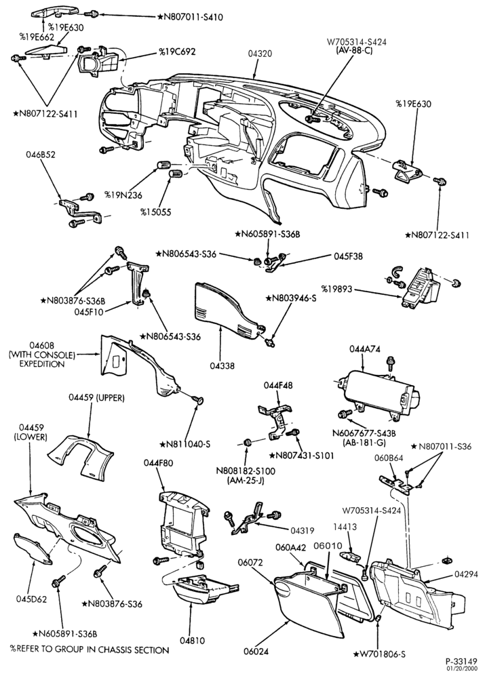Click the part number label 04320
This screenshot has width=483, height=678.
(x=260, y=54)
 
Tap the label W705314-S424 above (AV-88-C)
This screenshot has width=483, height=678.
(x=356, y=42)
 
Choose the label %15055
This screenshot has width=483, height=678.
(x=155, y=212)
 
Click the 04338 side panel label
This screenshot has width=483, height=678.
(x=223, y=366)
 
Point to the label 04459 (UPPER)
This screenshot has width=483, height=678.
(x=96, y=398)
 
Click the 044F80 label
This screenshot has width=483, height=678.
(x=159, y=463)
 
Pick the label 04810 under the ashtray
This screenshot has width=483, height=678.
(x=193, y=641)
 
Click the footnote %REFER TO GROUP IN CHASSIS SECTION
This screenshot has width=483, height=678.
(x=90, y=650)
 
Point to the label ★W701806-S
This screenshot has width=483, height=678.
(x=380, y=654)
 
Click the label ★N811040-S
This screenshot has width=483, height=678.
(x=185, y=444)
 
